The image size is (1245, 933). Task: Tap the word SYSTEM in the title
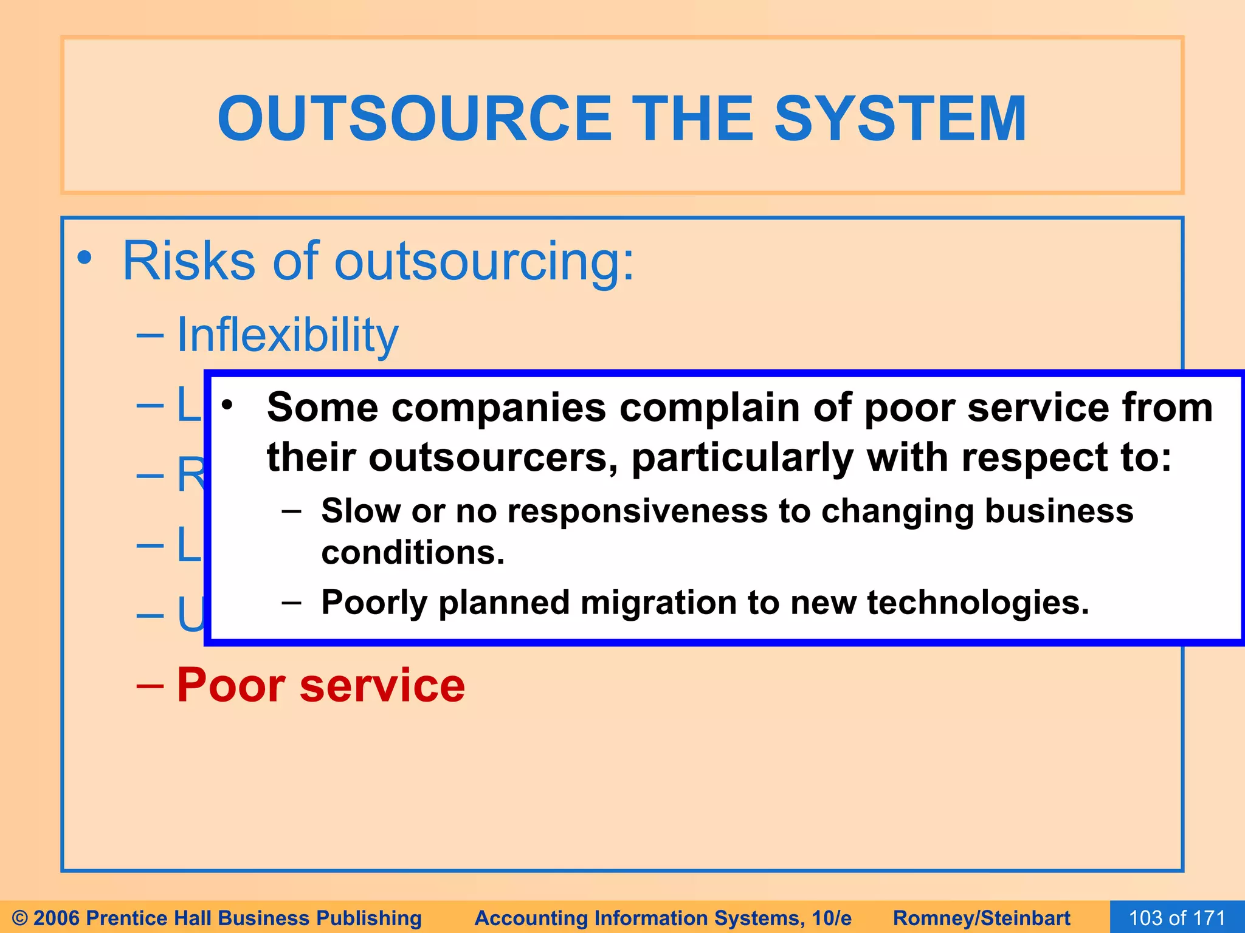pyautogui.click(x=900, y=119)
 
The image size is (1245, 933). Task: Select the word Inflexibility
pyautogui.click(x=287, y=335)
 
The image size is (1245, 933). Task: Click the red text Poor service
pyautogui.click(x=320, y=685)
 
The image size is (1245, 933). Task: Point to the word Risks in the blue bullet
pyautogui.click(x=188, y=261)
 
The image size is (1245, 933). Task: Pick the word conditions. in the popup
pyautogui.click(x=413, y=553)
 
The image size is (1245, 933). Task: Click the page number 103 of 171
pyautogui.click(x=1177, y=918)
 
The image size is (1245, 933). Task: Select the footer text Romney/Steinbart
pyautogui.click(x=981, y=918)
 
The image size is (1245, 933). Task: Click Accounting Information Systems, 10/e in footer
pyautogui.click(x=663, y=918)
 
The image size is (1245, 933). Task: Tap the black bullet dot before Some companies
pyautogui.click(x=227, y=405)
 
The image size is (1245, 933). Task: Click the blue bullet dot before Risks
pyautogui.click(x=84, y=259)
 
